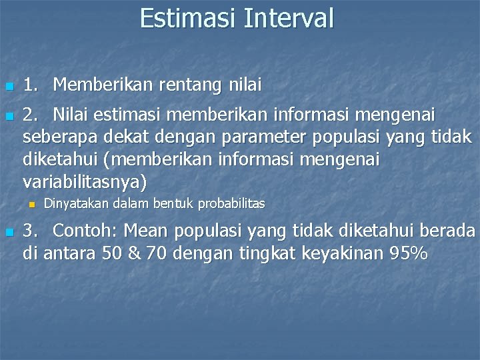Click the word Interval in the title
[288, 18]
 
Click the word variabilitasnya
[85, 181]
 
